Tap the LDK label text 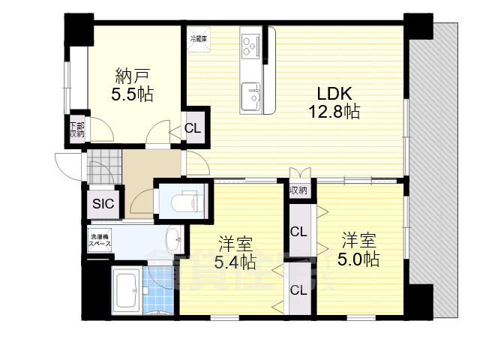[334, 94]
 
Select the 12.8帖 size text [334, 112]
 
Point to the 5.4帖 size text [235, 262]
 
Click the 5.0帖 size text [359, 259]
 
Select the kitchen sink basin [250, 96]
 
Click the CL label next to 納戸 [193, 127]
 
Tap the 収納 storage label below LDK [298, 190]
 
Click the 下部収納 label [76, 130]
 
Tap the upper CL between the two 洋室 [298, 231]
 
